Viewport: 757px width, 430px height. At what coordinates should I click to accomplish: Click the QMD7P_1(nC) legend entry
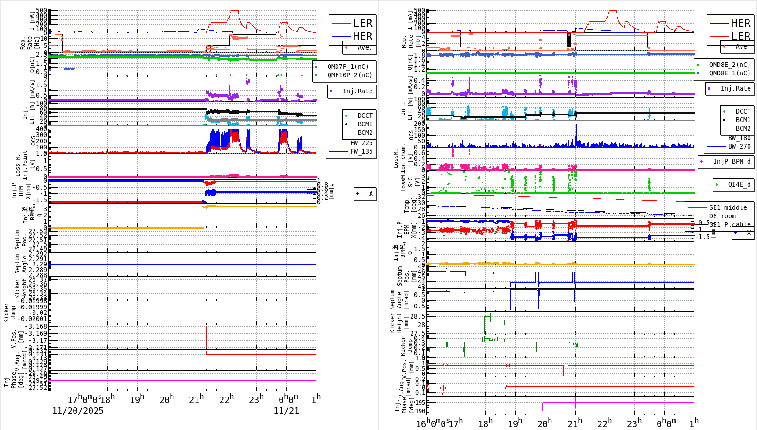[x=348, y=66]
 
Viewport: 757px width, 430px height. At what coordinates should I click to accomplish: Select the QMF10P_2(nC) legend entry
[x=350, y=75]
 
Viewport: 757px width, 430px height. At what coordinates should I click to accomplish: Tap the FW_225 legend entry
[x=361, y=143]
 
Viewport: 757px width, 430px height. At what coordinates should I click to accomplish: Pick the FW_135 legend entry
[x=361, y=151]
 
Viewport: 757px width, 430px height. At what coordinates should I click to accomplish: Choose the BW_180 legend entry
[x=739, y=138]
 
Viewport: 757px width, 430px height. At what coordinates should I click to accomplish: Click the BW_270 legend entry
[x=739, y=146]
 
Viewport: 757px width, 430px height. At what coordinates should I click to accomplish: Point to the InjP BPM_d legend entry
[x=732, y=161]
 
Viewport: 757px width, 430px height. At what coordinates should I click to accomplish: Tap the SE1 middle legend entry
[x=728, y=207]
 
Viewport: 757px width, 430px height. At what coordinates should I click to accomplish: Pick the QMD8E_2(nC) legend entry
[x=730, y=65]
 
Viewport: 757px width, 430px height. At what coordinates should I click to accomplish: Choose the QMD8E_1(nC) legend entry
[x=730, y=73]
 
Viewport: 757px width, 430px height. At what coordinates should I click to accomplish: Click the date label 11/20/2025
[x=78, y=411]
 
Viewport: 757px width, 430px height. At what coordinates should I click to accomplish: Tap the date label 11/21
[x=286, y=411]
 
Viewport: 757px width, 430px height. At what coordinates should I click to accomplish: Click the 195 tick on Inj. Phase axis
[x=419, y=402]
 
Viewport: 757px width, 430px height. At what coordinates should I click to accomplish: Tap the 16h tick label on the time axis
[x=421, y=423]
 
